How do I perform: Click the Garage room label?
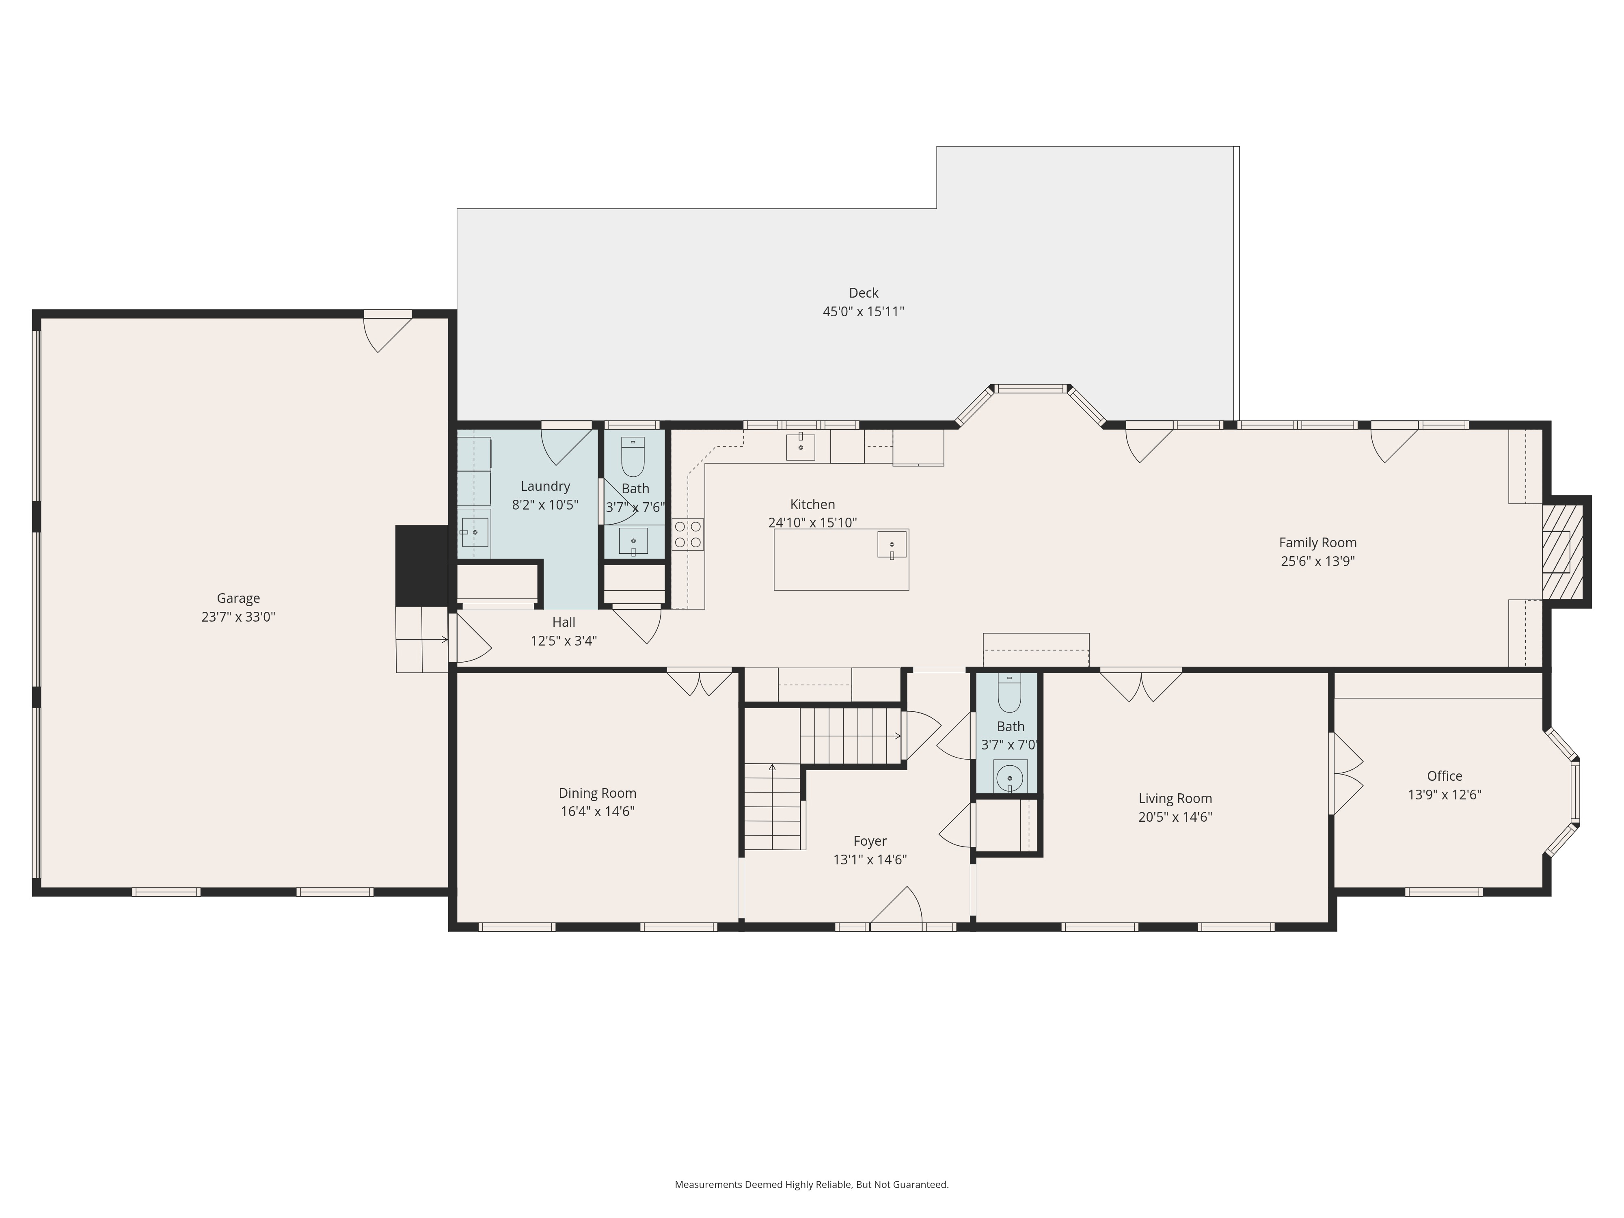click(x=238, y=598)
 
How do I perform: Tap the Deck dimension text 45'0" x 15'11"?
click(x=864, y=311)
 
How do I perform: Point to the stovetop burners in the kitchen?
click(x=688, y=534)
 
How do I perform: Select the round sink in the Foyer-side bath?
click(x=1010, y=777)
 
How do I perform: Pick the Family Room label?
click(x=1318, y=542)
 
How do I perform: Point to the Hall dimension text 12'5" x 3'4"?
click(x=564, y=641)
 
